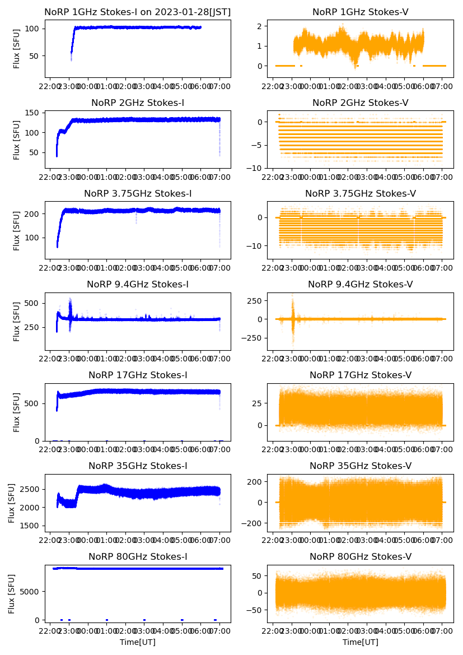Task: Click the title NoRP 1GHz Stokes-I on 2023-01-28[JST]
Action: pos(138,12)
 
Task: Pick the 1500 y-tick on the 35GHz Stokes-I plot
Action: pos(31,526)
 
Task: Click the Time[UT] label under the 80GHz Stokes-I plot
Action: pos(138,642)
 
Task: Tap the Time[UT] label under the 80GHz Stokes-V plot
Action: pos(361,642)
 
